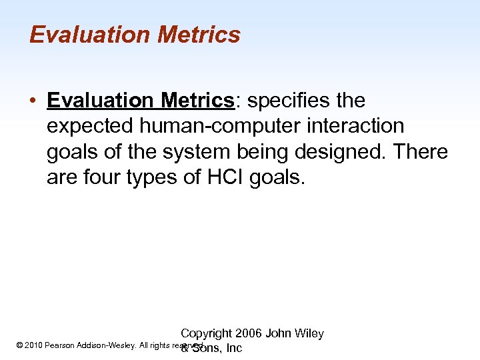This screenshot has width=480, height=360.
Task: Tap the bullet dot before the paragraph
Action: tap(33, 101)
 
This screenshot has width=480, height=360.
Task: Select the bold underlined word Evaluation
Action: tap(100, 101)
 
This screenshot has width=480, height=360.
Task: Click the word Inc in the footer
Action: tap(235, 349)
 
